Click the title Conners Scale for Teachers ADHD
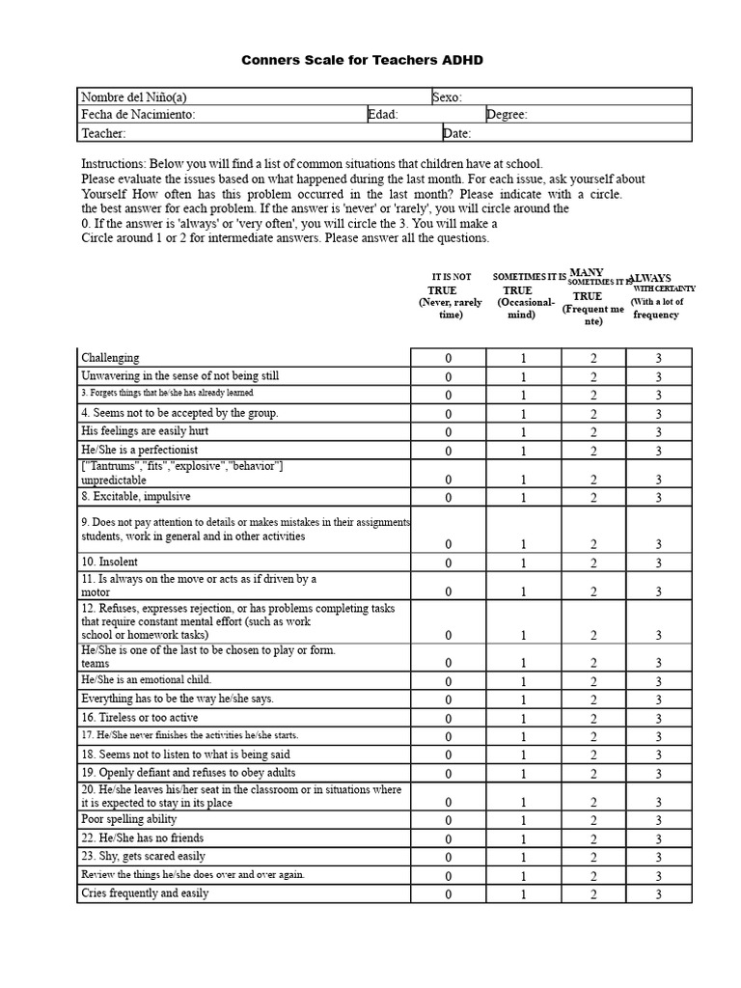(361, 60)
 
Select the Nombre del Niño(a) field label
(134, 96)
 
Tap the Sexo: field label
(447, 96)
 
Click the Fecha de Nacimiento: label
(138, 115)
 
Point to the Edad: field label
(383, 115)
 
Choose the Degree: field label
(507, 115)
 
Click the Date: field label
(457, 133)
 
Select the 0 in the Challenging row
(448, 359)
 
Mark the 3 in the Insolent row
(659, 563)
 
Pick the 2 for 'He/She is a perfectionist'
(593, 452)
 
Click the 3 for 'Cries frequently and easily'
(659, 895)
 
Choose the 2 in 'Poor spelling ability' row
(593, 821)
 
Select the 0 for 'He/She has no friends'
(448, 839)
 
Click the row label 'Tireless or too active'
(140, 718)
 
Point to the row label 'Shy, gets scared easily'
(144, 856)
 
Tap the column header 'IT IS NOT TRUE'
(451, 289)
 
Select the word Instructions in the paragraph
(112, 164)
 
